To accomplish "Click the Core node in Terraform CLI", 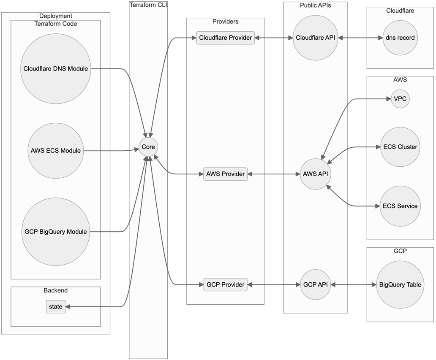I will tap(148, 147).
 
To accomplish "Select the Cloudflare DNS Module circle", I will tap(56, 68).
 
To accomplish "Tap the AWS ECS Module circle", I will tap(56, 151).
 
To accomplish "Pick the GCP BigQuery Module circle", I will tap(56, 231).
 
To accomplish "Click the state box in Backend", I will tap(56, 307).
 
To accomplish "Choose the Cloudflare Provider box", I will tap(226, 38).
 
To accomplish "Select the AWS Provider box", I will tap(225, 174).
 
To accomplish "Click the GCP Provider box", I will tap(225, 284).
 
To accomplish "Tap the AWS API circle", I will tap(316, 174).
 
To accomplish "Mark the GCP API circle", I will tap(316, 284).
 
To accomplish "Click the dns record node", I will tap(400, 38).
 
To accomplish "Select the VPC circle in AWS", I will tap(400, 99).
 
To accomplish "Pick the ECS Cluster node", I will tap(400, 147).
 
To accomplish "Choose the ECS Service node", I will tap(400, 206).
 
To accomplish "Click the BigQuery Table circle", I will tap(400, 284).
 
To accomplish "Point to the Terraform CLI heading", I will tap(148, 5).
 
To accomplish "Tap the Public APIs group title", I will tap(315, 5).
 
